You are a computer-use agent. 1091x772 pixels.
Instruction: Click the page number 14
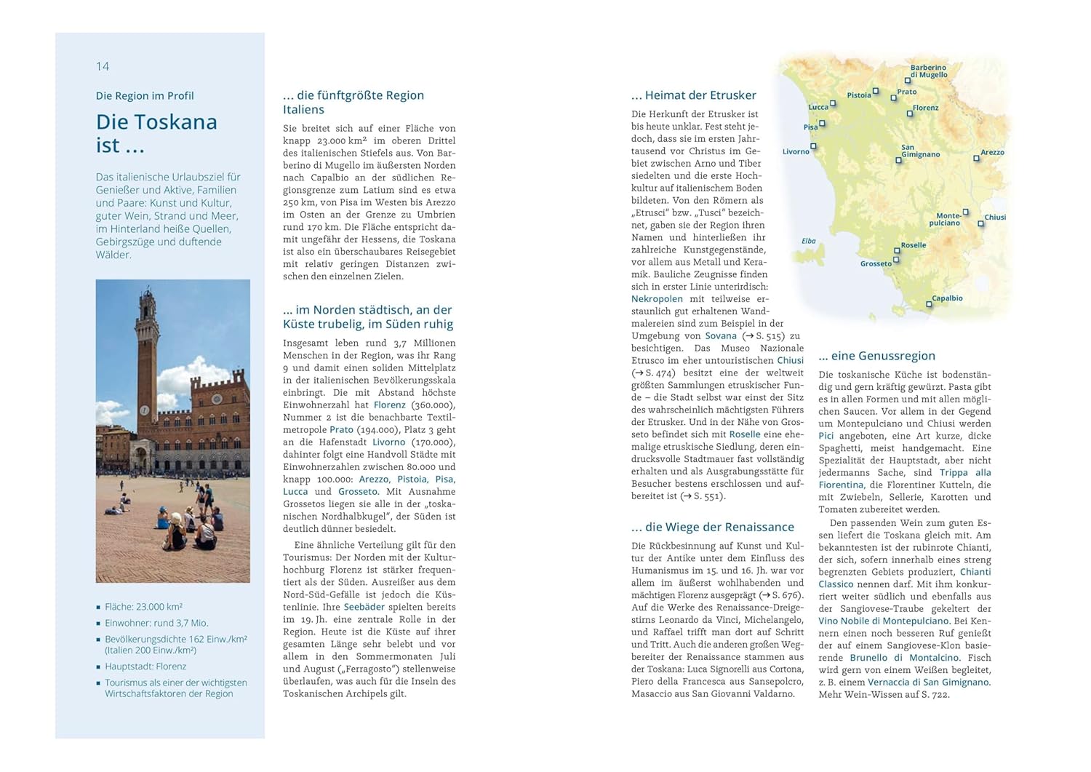point(103,66)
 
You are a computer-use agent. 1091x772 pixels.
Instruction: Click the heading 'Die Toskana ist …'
point(156,133)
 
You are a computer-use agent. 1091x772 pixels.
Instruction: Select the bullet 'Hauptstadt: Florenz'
point(145,666)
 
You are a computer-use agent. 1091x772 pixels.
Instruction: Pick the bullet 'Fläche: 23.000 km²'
point(143,606)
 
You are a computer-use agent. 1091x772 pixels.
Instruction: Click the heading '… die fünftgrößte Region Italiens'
point(353,103)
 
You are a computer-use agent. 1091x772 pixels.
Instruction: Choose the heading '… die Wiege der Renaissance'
point(712,527)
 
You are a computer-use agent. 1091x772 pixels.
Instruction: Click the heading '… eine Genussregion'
point(876,356)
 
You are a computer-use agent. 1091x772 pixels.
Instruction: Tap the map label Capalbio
point(947,298)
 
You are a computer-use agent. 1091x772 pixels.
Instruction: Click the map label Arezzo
point(992,153)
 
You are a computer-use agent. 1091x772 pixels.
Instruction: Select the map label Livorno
point(796,152)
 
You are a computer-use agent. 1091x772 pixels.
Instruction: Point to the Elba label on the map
point(808,241)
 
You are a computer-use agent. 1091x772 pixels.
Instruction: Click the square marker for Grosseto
point(896,260)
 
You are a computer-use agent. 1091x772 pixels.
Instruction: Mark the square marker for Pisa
point(823,124)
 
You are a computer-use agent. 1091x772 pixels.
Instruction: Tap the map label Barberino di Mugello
point(928,71)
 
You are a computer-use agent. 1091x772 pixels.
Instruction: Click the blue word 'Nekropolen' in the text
point(657,299)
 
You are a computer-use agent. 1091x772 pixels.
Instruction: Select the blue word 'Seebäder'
point(364,607)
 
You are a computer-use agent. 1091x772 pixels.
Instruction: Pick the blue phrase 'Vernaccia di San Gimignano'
point(928,683)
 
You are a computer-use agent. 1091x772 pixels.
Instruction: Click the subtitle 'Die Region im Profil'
point(145,96)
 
